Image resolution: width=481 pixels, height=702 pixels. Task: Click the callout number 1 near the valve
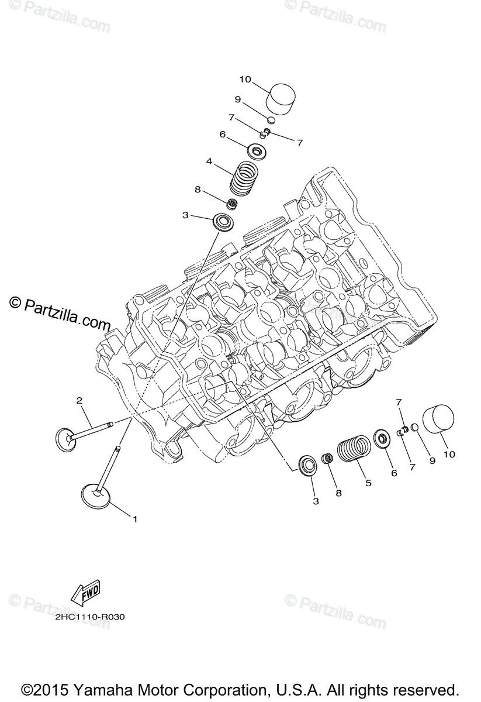pyautogui.click(x=135, y=519)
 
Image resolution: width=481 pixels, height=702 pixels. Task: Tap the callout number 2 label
pyautogui.click(x=79, y=401)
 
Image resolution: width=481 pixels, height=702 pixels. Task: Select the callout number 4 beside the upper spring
pyautogui.click(x=209, y=161)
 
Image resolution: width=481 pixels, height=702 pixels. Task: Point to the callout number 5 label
pyautogui.click(x=368, y=483)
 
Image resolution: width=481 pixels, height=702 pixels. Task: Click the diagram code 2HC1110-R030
pyautogui.click(x=92, y=617)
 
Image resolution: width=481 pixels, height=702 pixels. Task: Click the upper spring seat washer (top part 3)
pyautogui.click(x=223, y=222)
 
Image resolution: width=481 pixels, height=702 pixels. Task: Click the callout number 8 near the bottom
pyautogui.click(x=338, y=493)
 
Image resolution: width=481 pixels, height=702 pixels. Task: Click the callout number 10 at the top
pyautogui.click(x=245, y=80)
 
